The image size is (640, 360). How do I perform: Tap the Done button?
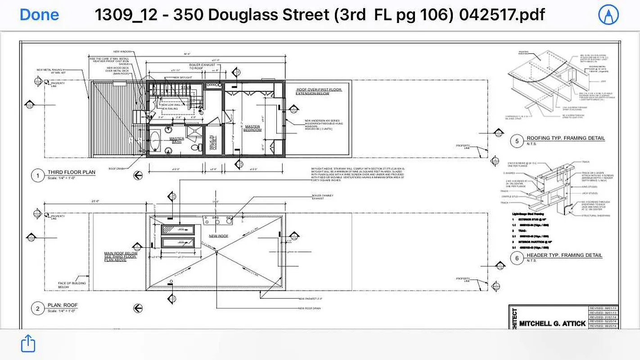coord(39,14)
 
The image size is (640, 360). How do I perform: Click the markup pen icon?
coord(608,15)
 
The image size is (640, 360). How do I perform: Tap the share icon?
coord(28,343)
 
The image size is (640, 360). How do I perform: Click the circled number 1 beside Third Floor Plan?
coord(37,175)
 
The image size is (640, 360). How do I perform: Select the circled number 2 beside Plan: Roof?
coord(37,308)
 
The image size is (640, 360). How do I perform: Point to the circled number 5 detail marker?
coord(517,141)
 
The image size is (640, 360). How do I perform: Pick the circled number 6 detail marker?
coord(517,258)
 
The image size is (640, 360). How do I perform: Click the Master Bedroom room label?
coord(252,129)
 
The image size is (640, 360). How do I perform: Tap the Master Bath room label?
coord(176,141)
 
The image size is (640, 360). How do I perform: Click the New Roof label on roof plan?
coord(219,235)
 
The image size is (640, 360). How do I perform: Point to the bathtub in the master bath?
coord(154,141)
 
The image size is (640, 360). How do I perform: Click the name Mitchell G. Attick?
coord(552,323)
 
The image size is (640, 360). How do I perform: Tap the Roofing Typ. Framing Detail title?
coord(566,138)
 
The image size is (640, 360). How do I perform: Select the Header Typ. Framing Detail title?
coord(564,255)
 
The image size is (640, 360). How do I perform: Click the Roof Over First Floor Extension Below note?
coord(319,92)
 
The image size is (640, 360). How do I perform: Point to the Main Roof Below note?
coord(121,256)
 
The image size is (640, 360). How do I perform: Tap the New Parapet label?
coord(310,298)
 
